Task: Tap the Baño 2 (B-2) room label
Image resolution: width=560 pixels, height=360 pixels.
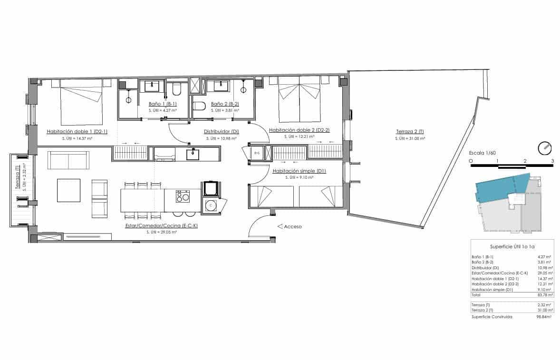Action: click(224, 104)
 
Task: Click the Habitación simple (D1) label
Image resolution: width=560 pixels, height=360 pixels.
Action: click(299, 171)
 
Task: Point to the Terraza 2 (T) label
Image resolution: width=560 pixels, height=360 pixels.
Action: click(409, 132)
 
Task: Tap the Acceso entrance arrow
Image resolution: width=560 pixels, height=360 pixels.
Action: click(280, 227)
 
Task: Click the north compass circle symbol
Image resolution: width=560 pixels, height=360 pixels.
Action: click(544, 148)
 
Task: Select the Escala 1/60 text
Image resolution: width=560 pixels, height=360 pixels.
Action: click(482, 153)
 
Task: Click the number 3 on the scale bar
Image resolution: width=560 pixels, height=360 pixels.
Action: click(552, 161)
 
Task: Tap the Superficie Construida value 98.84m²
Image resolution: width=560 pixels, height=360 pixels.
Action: click(543, 316)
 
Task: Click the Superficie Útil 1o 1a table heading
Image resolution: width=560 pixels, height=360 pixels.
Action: click(512, 247)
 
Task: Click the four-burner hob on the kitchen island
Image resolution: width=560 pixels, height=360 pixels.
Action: click(183, 196)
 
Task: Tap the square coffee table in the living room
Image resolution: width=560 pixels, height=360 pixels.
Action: click(69, 190)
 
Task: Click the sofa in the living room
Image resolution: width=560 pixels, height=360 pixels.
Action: click(68, 160)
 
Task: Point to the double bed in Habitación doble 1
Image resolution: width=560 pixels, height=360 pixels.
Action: click(81, 102)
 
